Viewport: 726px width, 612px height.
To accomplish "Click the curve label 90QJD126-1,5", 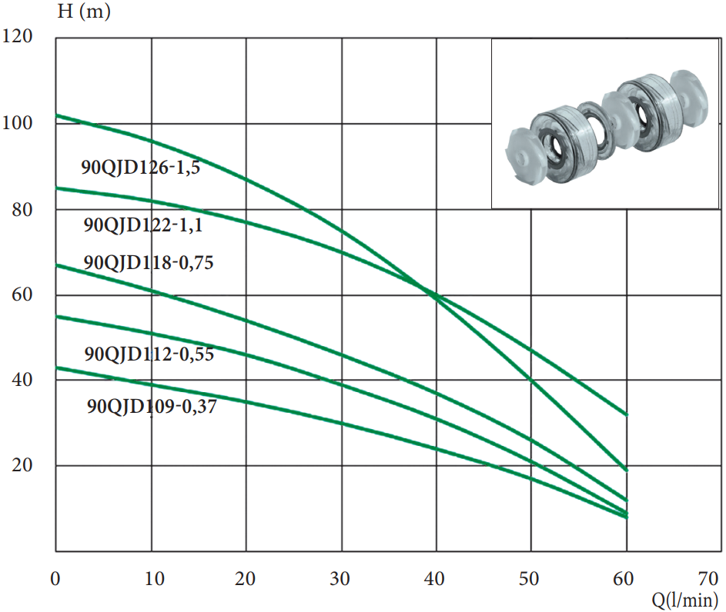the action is coord(141,168).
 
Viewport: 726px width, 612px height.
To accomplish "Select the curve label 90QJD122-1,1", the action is coord(143,225).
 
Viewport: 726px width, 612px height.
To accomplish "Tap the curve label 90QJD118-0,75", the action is coord(148,262).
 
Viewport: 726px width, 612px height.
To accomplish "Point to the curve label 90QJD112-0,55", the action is coord(149,354).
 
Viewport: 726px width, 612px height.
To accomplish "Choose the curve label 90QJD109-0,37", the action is coord(152,406).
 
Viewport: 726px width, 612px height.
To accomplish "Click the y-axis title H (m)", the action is coord(84,12).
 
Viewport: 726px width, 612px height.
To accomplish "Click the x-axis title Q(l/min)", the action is coord(684,600).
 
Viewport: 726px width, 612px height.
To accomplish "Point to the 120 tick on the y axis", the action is coord(18,36).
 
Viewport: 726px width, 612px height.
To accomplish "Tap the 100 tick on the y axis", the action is coord(18,123).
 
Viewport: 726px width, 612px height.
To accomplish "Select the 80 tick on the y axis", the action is coord(22,210).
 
